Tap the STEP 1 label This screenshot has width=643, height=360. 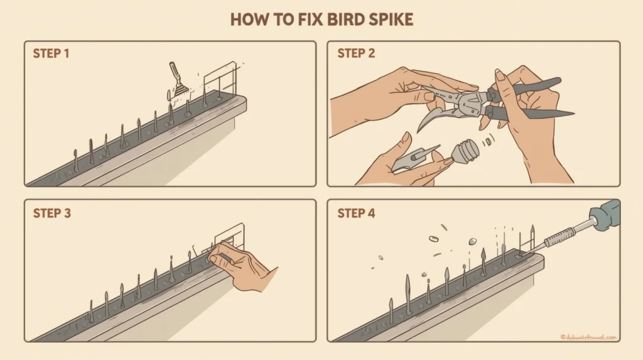[x=51, y=53]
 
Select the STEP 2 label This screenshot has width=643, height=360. [x=356, y=53]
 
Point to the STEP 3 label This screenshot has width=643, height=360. [x=51, y=213]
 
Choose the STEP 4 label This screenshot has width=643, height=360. [x=356, y=213]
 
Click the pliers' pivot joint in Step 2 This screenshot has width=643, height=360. [x=468, y=101]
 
